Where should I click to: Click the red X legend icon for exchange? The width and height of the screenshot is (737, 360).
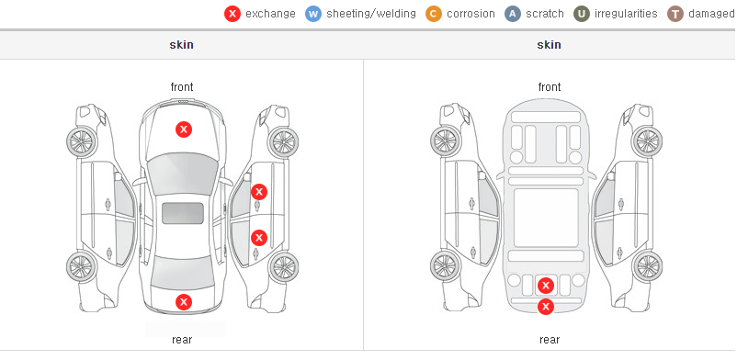coord(232,14)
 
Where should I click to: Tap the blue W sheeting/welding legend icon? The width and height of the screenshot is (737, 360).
coord(313,14)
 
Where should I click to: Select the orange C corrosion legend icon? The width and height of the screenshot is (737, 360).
coord(434,14)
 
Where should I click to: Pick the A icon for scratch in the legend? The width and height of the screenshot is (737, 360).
coord(513,14)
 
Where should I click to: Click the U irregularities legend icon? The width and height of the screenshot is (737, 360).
coord(582,14)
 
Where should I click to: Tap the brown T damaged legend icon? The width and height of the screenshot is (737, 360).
coord(675,14)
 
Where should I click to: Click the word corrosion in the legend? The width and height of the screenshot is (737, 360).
coord(471,14)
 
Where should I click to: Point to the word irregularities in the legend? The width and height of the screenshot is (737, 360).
coord(626,14)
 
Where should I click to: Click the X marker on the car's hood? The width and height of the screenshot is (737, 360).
coord(184,129)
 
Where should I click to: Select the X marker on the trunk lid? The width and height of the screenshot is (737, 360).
coord(184,302)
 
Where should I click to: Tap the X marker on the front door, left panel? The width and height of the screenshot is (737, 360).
coord(259,192)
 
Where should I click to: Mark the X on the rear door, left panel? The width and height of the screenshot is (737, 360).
coord(259,238)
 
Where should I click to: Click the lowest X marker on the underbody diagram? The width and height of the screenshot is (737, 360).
coord(546,307)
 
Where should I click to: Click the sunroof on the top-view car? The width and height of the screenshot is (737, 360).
coord(183,213)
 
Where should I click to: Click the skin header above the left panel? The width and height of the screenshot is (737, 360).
coord(181,45)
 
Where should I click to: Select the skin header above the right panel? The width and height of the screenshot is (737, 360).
coord(549,45)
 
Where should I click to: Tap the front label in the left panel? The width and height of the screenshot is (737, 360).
coord(182,87)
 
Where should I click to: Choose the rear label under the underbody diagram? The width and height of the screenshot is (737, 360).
coord(550,340)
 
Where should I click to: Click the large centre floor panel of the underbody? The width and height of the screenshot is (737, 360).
coord(546,218)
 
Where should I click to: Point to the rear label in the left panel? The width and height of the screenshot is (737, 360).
coord(182,340)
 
